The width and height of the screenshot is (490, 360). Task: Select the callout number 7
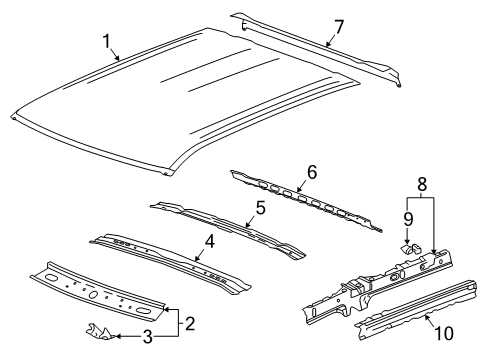[339, 25]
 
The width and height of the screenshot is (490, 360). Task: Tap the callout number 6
[311, 173]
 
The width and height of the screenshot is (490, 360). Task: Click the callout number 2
[191, 322]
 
